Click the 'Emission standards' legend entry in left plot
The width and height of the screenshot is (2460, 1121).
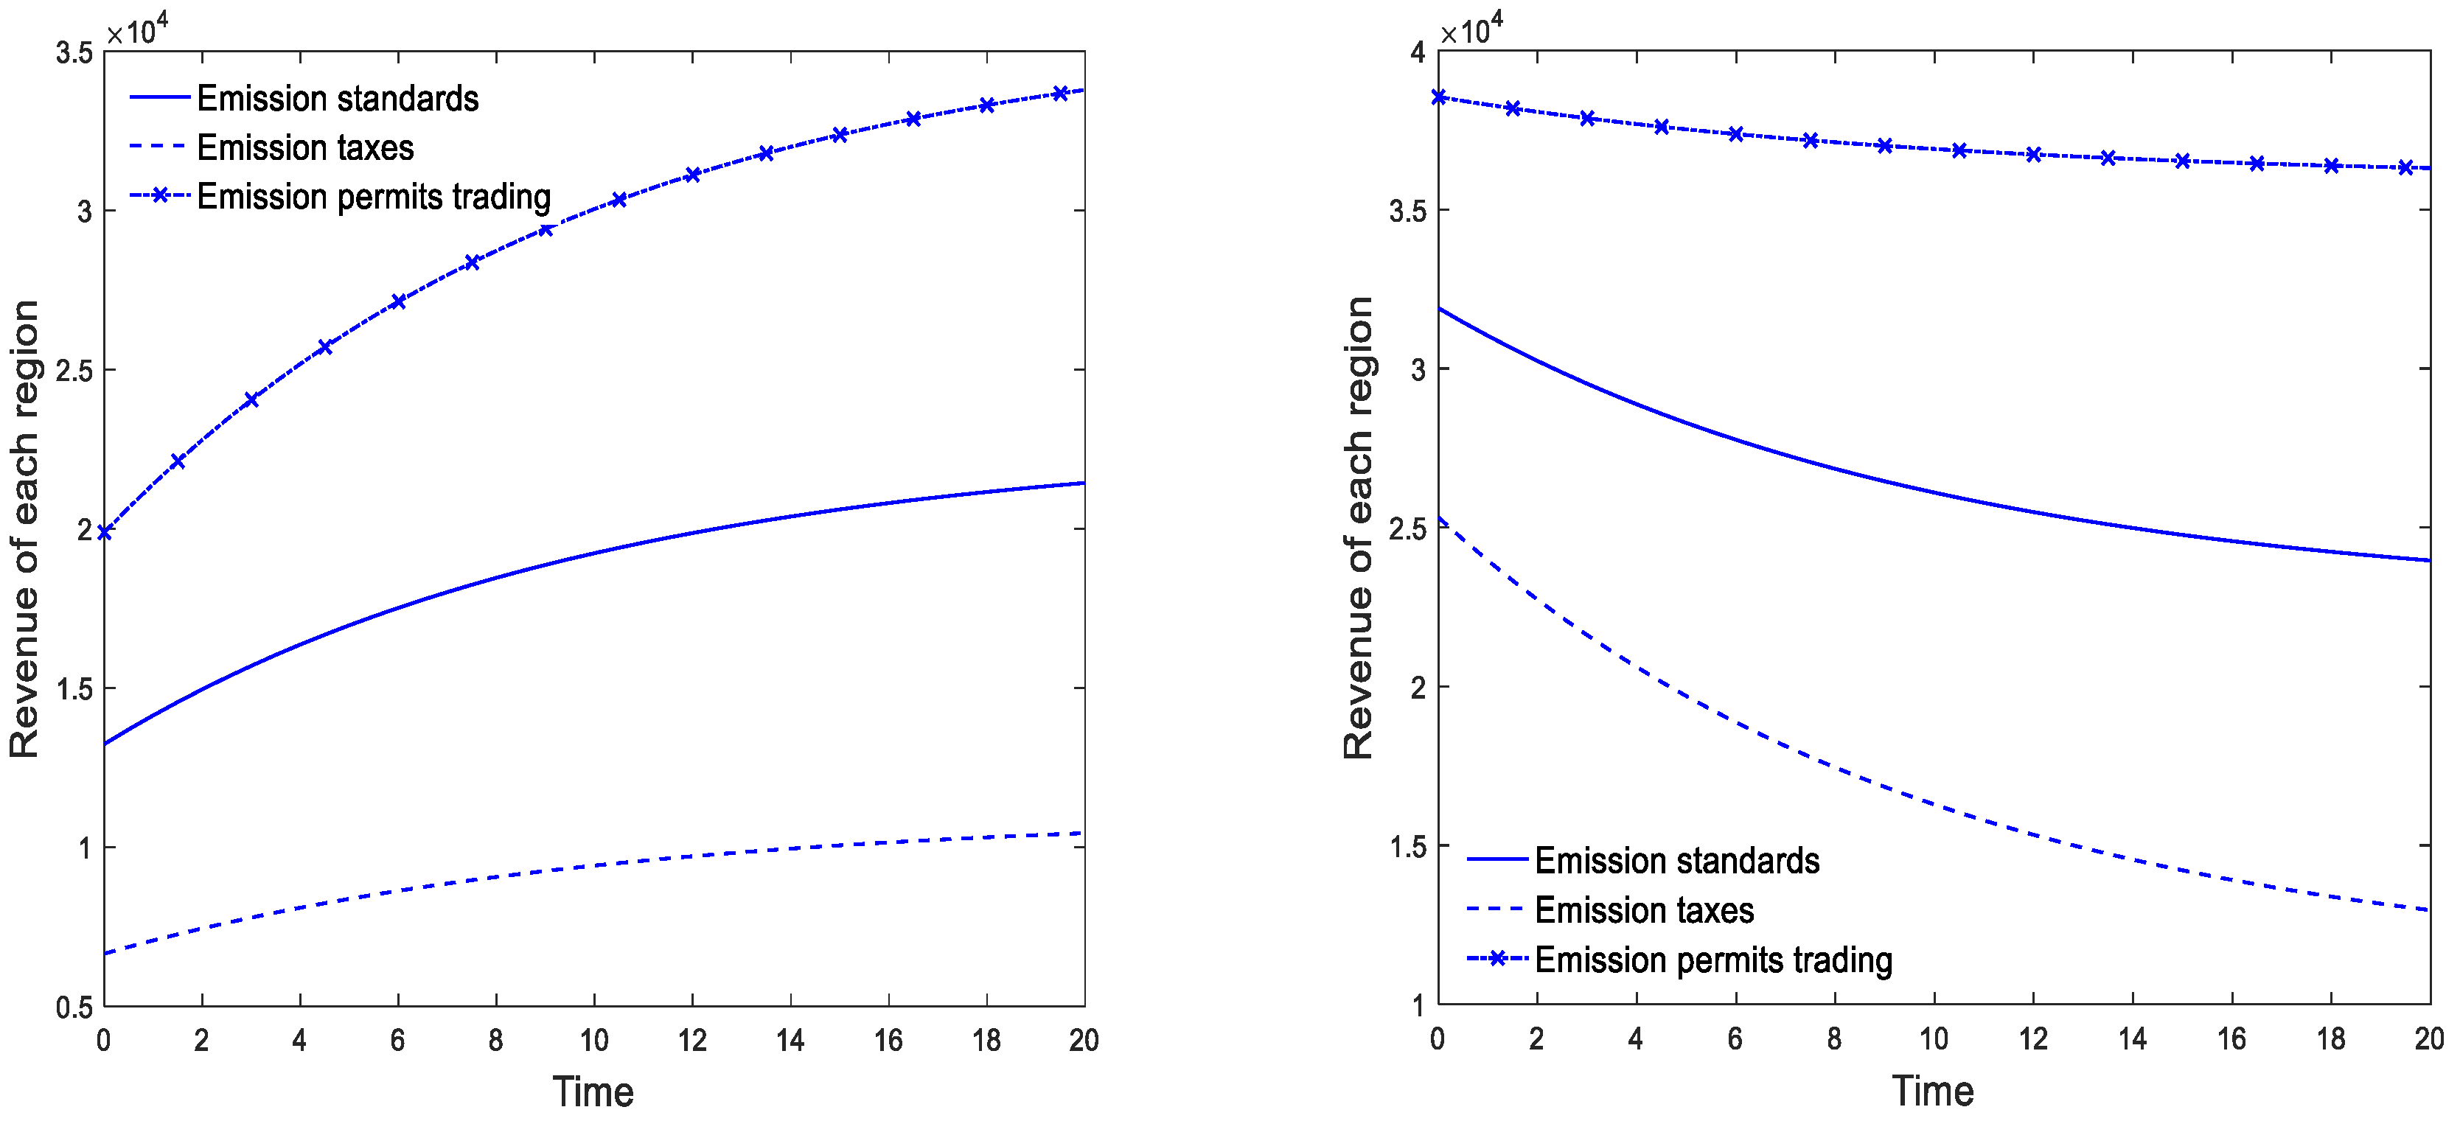pyautogui.click(x=336, y=98)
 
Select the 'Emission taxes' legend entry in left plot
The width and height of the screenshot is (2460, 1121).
pyautogui.click(x=304, y=148)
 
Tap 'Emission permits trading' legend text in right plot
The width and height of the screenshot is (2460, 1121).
pyautogui.click(x=1712, y=960)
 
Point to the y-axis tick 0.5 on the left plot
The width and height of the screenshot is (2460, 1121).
pyautogui.click(x=74, y=1007)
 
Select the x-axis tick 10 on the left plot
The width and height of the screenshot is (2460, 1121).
pyautogui.click(x=594, y=1040)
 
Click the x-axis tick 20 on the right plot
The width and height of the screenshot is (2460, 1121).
pyautogui.click(x=2428, y=1039)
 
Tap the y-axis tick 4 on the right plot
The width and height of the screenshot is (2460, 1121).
pyautogui.click(x=1417, y=52)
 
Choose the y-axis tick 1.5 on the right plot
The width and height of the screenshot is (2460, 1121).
pyautogui.click(x=1407, y=847)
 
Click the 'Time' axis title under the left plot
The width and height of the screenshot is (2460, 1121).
pyautogui.click(x=593, y=1092)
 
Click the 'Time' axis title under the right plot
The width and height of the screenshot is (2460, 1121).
pyautogui.click(x=1933, y=1091)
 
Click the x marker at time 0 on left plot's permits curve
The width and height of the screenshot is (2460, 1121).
pyautogui.click(x=104, y=532)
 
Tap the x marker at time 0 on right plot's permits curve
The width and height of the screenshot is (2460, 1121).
pyautogui.click(x=1438, y=97)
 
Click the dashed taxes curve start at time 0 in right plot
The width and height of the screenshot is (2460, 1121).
pyautogui.click(x=1439, y=518)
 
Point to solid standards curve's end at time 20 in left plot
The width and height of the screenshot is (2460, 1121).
pyautogui.click(x=1084, y=483)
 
